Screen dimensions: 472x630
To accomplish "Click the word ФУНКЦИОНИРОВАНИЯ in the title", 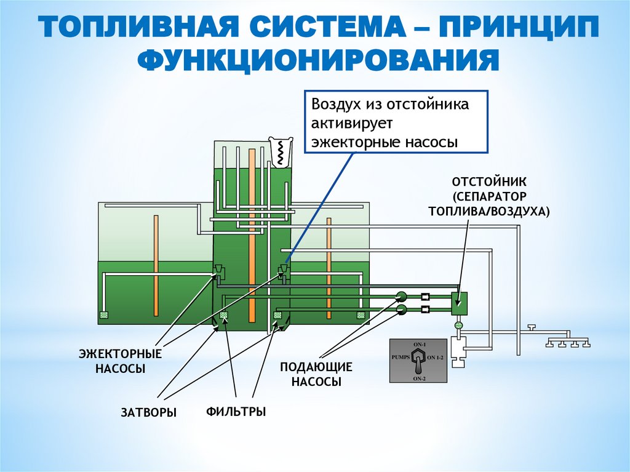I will click(315, 62).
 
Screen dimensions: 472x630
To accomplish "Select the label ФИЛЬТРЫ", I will click(236, 411).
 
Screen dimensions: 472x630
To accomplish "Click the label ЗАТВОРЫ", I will click(148, 412).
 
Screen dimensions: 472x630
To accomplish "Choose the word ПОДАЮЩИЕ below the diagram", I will click(316, 367).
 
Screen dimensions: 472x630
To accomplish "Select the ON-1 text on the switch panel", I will click(420, 343).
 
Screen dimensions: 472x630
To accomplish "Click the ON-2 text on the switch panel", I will click(420, 378).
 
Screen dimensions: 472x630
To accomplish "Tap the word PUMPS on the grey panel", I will click(401, 357).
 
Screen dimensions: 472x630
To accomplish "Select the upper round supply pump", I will click(401, 295).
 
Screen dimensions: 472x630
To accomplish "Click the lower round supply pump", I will click(401, 308).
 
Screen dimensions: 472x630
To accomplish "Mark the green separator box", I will click(459, 302).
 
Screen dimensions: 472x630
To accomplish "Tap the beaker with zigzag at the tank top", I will click(281, 150).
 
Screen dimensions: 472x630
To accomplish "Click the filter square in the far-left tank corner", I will click(103, 316).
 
